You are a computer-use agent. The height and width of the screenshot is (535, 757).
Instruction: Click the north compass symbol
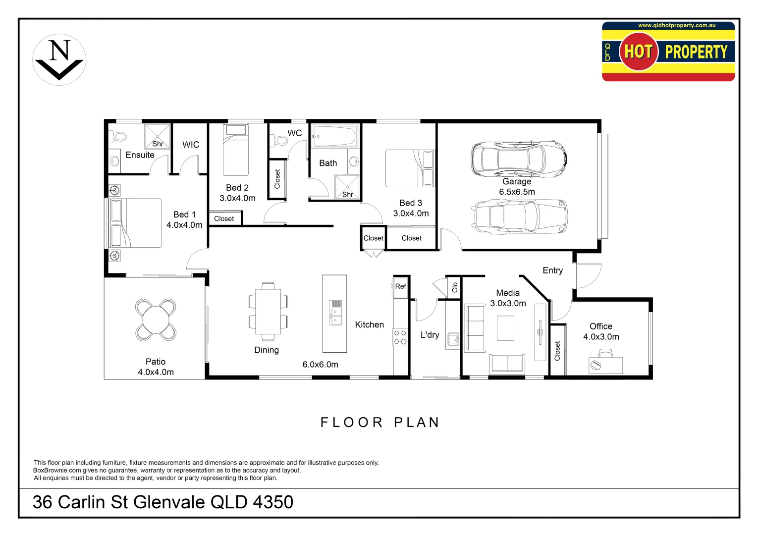tap(59, 60)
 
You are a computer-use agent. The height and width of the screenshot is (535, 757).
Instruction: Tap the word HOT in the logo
tap(638, 52)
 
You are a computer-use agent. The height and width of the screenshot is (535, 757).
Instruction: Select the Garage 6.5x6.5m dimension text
tap(517, 192)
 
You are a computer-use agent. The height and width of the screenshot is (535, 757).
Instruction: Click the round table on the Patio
tap(156, 320)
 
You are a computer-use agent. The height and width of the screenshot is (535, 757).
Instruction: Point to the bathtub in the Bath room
tap(334, 136)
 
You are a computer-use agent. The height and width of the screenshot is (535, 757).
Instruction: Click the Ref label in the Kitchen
tap(400, 286)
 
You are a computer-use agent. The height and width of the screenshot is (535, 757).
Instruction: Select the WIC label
tap(191, 145)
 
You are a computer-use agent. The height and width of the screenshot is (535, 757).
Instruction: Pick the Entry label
tap(552, 270)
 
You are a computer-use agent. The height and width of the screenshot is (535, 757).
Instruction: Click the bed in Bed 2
tap(236, 151)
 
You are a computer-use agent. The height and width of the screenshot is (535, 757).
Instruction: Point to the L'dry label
tap(430, 335)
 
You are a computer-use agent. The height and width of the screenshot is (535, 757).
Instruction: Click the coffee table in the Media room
tap(505, 328)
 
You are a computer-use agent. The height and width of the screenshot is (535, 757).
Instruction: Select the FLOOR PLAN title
tap(380, 422)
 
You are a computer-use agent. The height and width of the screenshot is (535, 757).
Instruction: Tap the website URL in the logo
tap(676, 25)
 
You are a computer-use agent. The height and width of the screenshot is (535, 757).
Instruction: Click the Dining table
tap(268, 312)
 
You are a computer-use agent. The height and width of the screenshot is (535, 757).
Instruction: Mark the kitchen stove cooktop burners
tap(400, 337)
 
